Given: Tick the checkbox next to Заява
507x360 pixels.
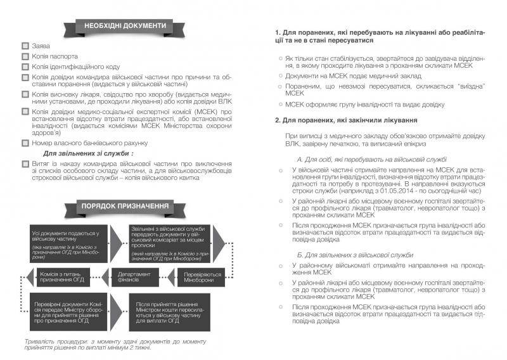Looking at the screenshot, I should click(25, 46).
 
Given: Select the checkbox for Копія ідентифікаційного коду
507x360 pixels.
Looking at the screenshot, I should click(25, 66).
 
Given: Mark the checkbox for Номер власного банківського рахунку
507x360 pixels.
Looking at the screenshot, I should click(25, 143).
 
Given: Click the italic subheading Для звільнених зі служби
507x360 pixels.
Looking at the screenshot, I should click(88, 153).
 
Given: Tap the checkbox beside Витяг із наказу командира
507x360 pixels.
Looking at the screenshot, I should click(25, 164).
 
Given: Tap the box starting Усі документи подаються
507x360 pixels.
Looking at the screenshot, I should click(65, 243).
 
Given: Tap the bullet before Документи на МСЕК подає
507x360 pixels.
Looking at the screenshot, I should click(281, 76).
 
